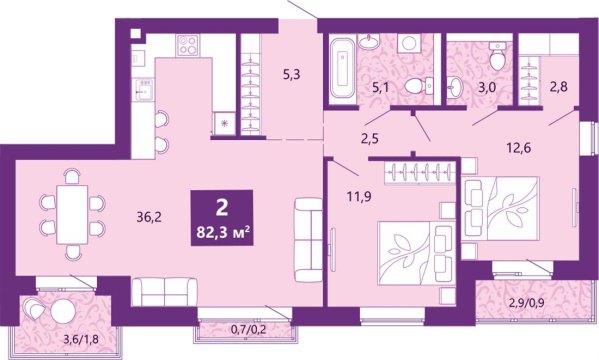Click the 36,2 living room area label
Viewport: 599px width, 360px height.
pos(149,214)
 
